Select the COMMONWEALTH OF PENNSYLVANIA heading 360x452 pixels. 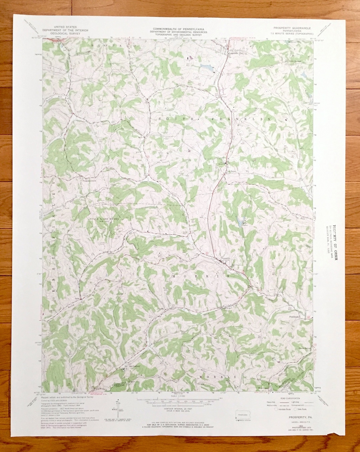point(178,29)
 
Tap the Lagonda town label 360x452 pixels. point(233,53)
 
